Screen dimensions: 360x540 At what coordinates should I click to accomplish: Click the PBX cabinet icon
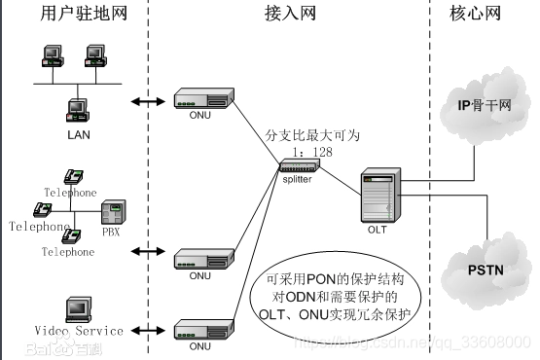[115, 211]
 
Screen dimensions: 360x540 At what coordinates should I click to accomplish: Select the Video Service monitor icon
[78, 310]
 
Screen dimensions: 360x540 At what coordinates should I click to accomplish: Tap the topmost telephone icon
[73, 176]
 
